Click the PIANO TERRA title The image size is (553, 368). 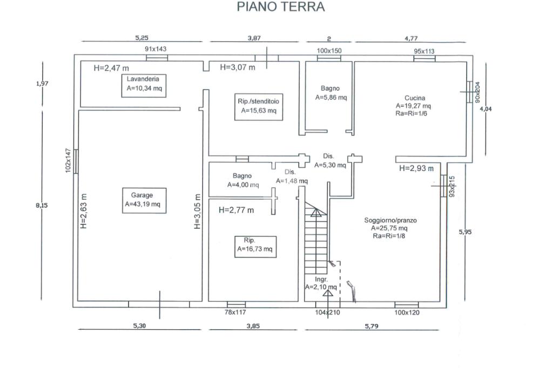click(281, 7)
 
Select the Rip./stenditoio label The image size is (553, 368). click(258, 101)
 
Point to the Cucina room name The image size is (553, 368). click(415, 98)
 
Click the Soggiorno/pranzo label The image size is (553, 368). click(390, 220)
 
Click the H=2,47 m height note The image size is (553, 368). click(111, 68)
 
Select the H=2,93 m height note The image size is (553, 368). click(416, 168)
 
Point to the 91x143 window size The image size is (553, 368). click(156, 49)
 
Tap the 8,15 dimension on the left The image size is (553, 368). click(41, 205)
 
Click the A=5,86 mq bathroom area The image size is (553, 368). click(331, 98)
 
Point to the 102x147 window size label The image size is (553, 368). click(69, 160)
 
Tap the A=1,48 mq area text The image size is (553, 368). click(292, 181)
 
